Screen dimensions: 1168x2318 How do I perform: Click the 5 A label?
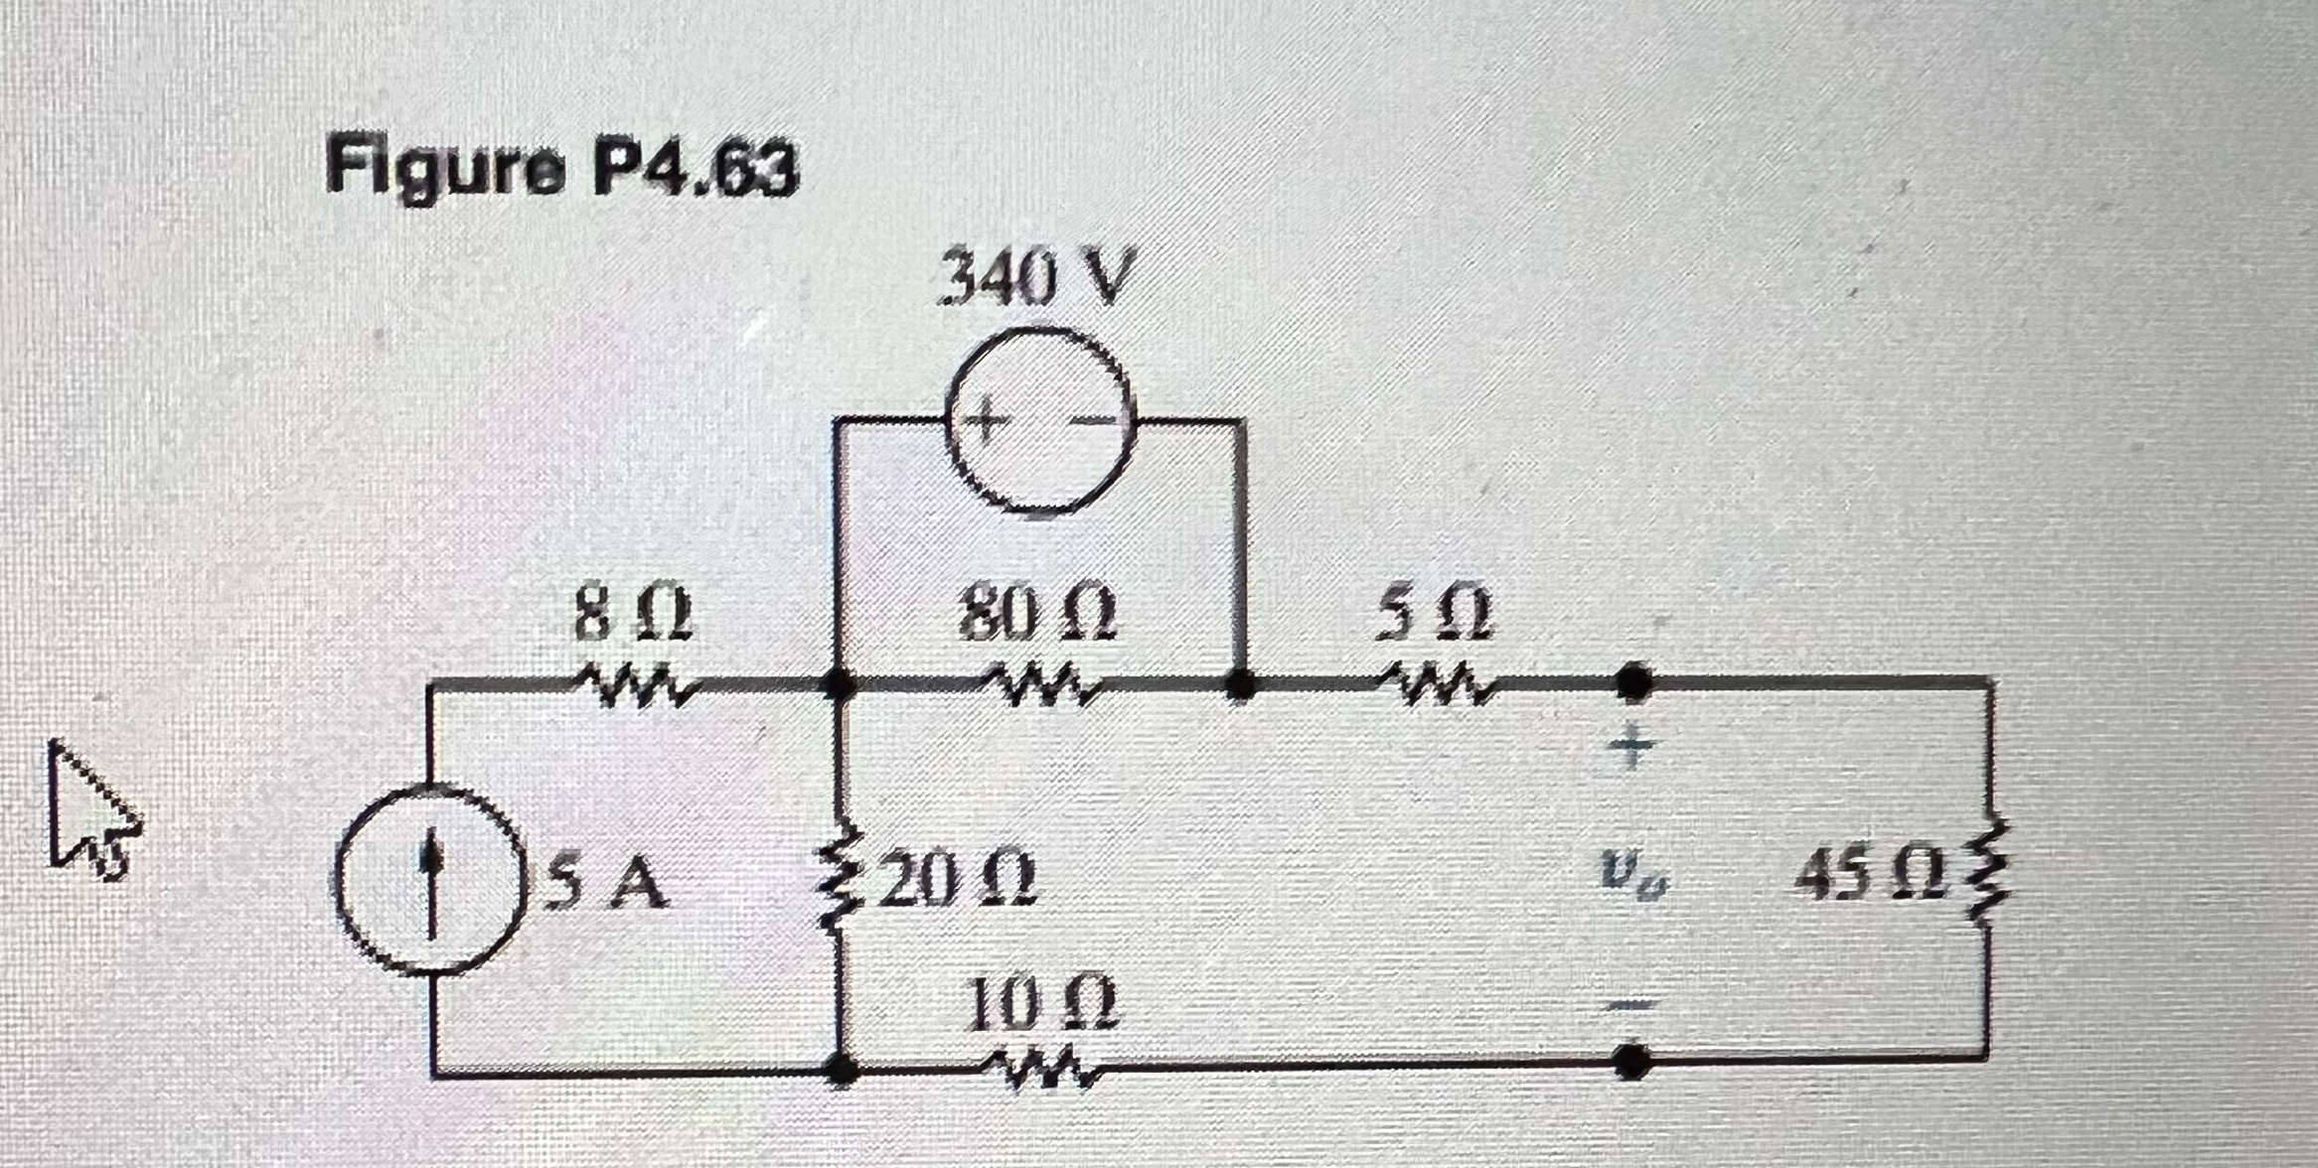coord(608,883)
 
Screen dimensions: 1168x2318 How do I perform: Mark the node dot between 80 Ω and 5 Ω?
coord(1238,683)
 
